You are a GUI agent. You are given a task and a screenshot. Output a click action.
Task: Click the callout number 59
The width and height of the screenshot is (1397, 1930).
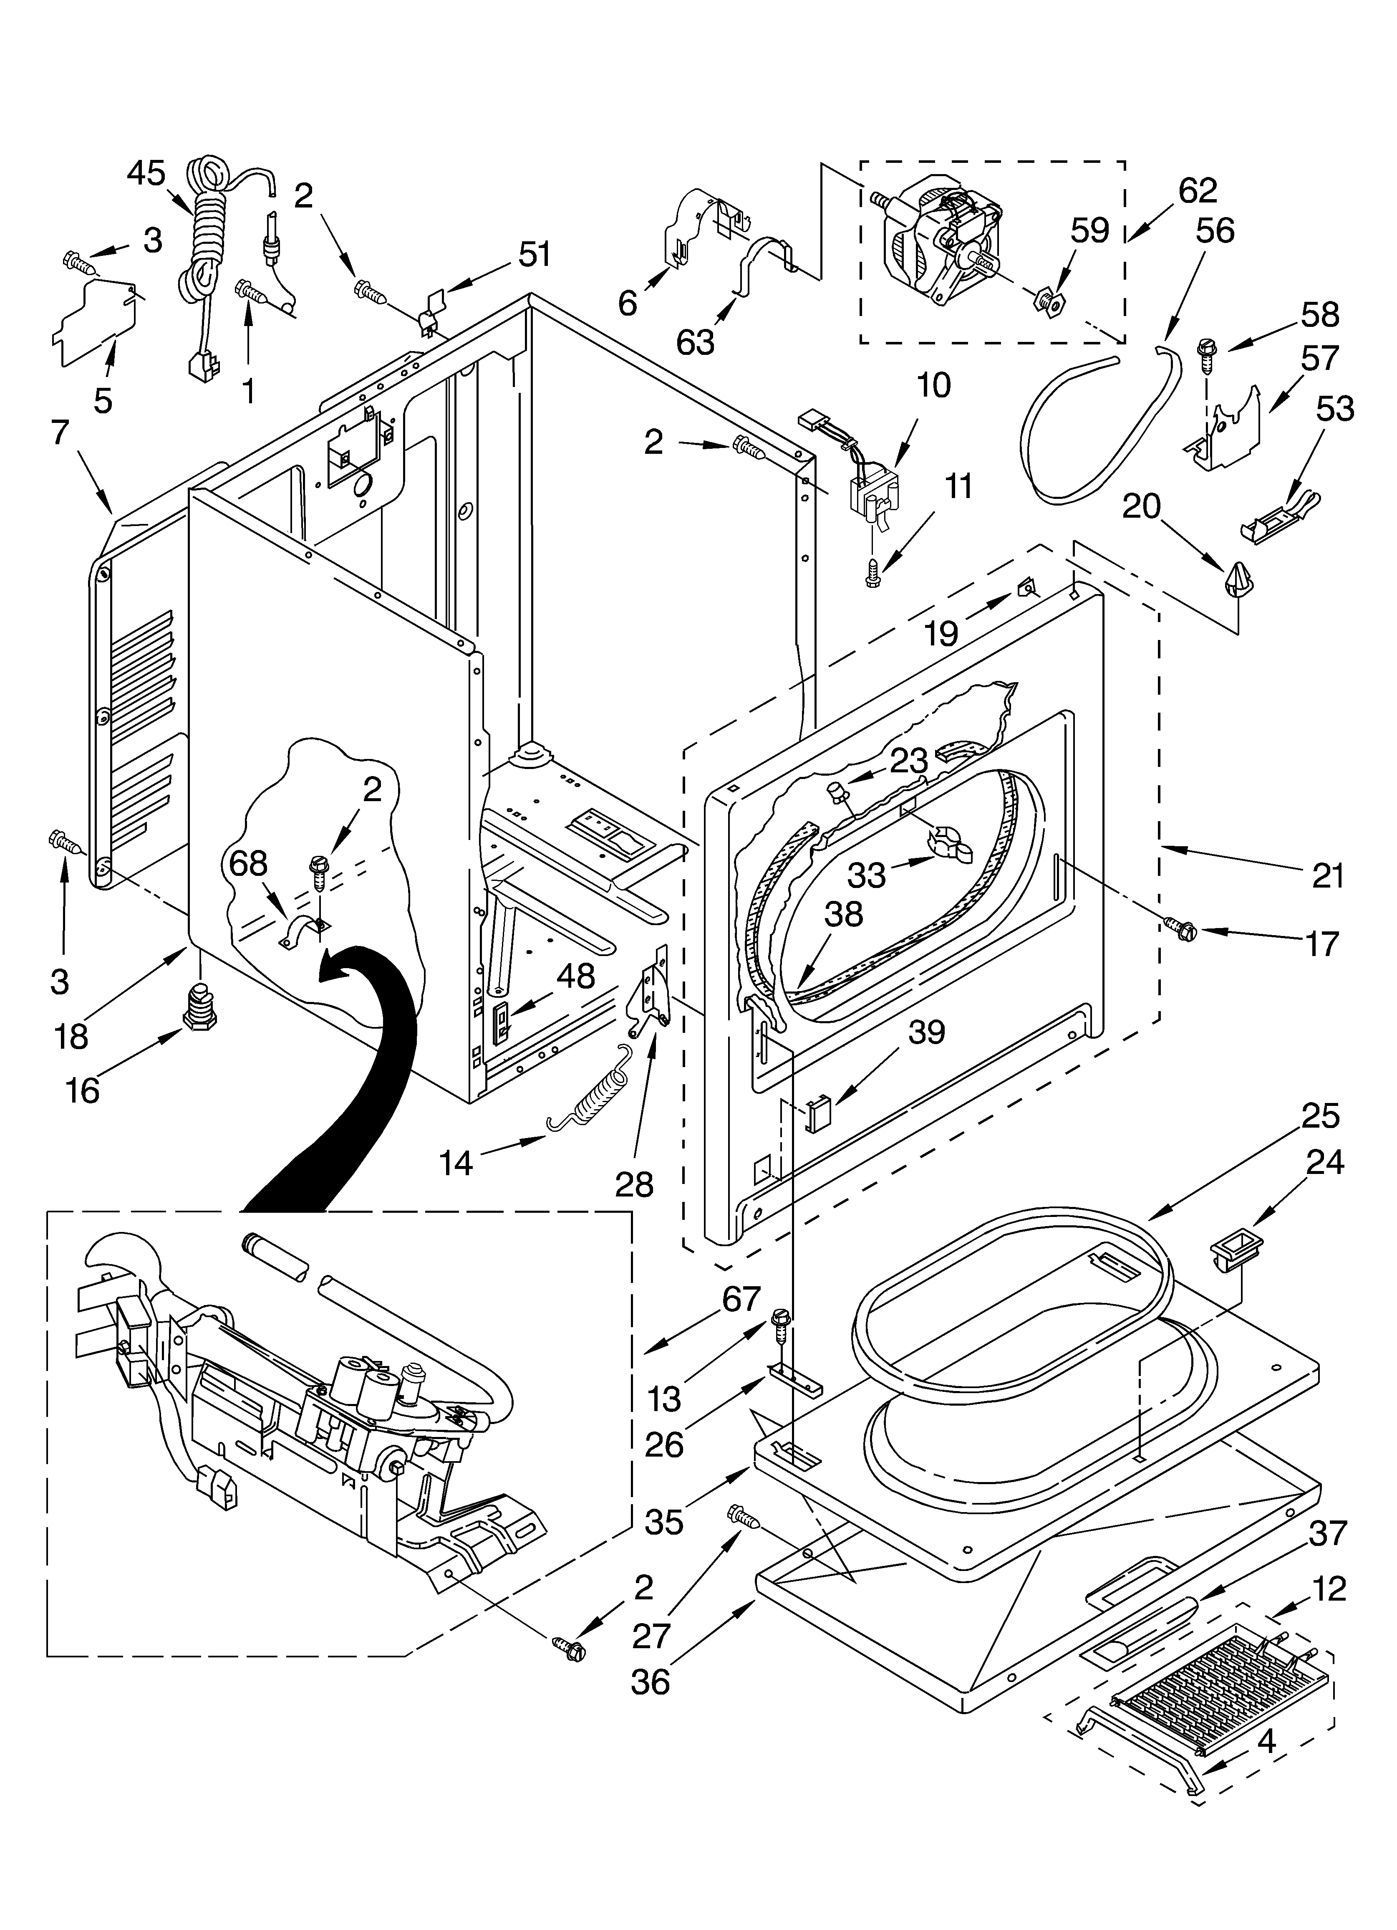(1090, 230)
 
